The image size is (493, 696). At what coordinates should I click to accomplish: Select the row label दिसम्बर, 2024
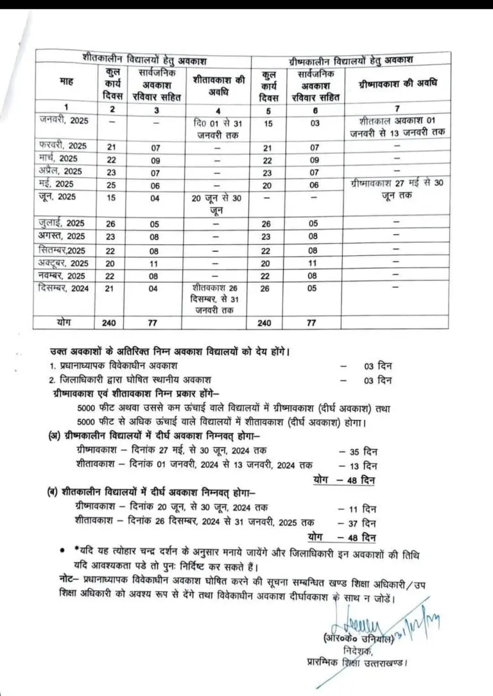[63, 288]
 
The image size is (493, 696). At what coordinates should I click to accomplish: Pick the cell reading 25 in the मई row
[112, 183]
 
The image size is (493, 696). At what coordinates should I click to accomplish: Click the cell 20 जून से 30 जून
[217, 203]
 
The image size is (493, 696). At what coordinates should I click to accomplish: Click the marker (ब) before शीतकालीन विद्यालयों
[55, 491]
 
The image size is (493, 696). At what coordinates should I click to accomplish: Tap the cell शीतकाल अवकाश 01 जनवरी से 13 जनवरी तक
[397, 127]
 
